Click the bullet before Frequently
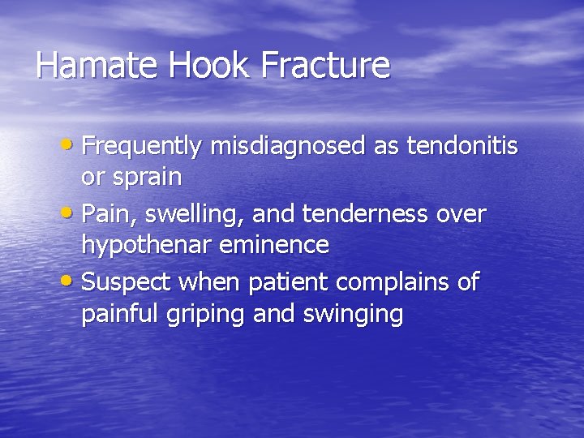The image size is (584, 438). tap(72, 147)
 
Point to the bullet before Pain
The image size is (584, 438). tap(72, 215)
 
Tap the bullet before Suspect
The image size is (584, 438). tap(72, 283)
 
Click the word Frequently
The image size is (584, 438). tap(143, 147)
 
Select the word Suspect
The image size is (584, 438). tap(124, 284)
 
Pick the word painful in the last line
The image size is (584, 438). tap(118, 312)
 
